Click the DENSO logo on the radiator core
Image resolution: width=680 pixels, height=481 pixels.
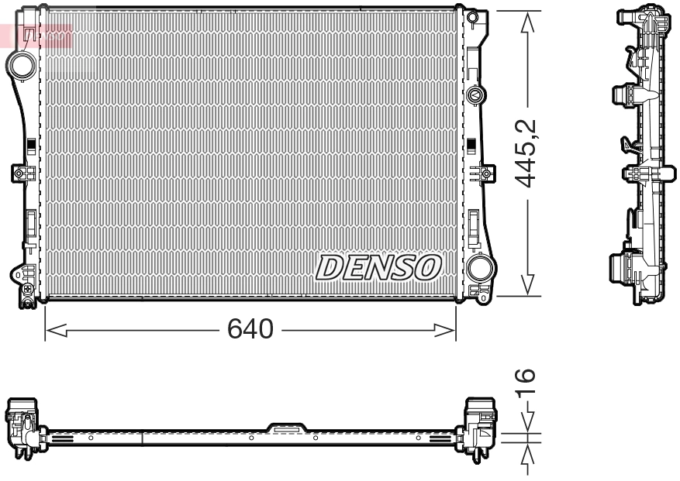(x=378, y=268)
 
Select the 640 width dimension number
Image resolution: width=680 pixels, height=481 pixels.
(x=250, y=330)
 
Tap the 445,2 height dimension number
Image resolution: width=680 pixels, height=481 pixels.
(x=528, y=153)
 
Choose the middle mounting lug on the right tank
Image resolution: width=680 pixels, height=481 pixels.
(x=485, y=173)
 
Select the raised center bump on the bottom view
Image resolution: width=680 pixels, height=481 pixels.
(x=286, y=426)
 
